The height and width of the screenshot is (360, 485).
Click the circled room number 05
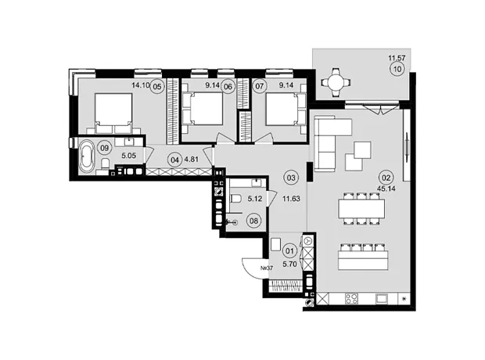(x=157, y=87)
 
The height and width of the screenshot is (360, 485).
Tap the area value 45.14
(x=386, y=188)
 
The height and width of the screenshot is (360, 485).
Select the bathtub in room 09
(x=86, y=157)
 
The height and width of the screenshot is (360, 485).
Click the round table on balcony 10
(x=336, y=83)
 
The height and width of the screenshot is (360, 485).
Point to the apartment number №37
(x=267, y=268)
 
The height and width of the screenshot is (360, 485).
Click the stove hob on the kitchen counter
(x=352, y=299)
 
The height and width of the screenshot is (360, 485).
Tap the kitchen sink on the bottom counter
(x=382, y=299)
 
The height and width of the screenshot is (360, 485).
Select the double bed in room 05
(x=113, y=113)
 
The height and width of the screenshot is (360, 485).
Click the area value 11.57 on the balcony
(x=397, y=58)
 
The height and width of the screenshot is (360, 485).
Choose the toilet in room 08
(x=236, y=198)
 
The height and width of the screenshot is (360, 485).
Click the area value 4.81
(x=191, y=160)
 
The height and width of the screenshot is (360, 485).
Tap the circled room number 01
(x=289, y=250)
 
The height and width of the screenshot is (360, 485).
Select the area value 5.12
(x=255, y=199)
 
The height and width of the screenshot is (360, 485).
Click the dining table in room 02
(x=361, y=209)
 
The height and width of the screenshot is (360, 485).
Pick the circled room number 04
(x=174, y=160)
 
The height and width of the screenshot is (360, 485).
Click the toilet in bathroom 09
(x=105, y=163)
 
